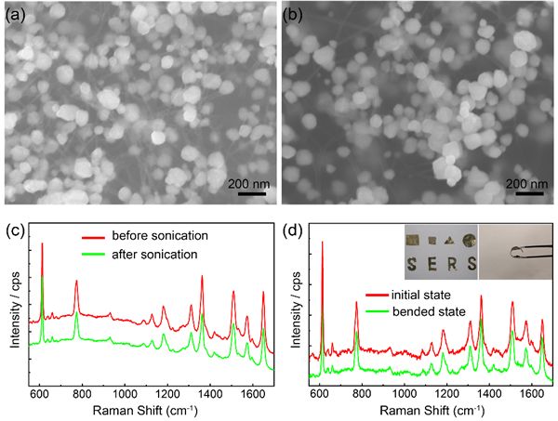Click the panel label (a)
(x=15, y=14)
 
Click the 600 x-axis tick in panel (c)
(x=39, y=393)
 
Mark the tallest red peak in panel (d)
(x=322, y=243)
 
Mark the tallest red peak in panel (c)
(x=42, y=244)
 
